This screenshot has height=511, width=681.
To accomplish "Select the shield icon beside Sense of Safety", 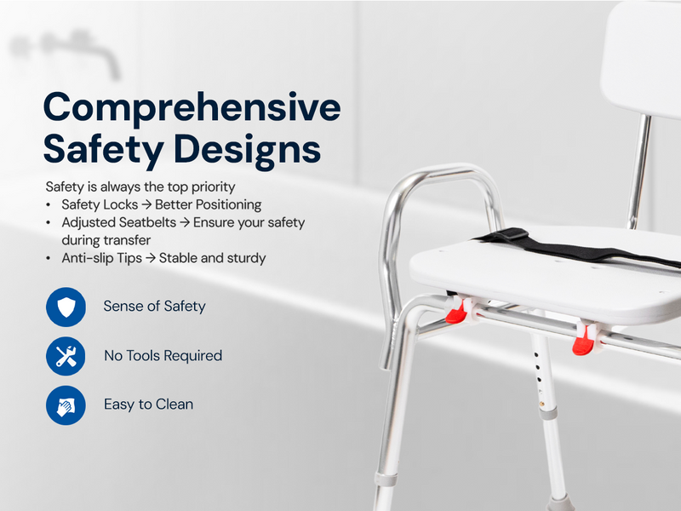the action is tap(66, 307).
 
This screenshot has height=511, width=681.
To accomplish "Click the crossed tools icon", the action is tap(66, 356).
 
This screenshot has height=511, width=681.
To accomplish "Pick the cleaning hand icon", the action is tap(66, 405).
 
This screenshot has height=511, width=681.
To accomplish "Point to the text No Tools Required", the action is tap(163, 356).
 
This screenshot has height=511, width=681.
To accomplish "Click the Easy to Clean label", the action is tap(148, 405).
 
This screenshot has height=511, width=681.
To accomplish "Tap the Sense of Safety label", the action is tap(155, 307).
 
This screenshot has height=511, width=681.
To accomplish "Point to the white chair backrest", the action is tap(641, 56).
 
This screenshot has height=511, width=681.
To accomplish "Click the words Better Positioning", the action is tap(209, 204).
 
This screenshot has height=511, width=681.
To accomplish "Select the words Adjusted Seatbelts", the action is tap(119, 222).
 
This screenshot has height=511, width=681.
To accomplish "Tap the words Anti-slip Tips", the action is tap(101, 258).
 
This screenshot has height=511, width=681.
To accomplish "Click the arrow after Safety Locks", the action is tap(146, 204).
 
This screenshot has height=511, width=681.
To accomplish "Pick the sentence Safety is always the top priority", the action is tap(140, 187).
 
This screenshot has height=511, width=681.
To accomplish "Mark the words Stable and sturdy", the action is tap(212, 258).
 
